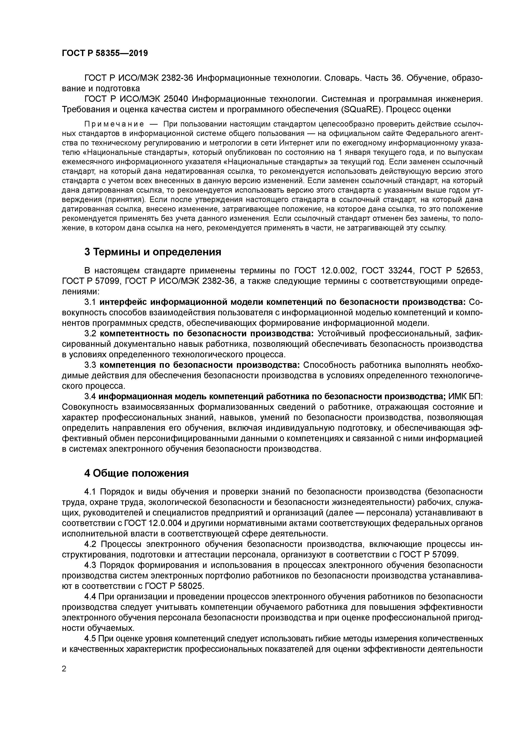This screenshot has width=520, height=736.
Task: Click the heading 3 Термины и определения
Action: coord(153,252)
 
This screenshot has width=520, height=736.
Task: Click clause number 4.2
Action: coord(91,544)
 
